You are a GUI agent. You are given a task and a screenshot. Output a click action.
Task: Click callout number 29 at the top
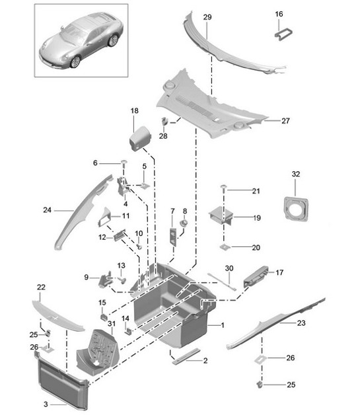pyautogui.click(x=207, y=16)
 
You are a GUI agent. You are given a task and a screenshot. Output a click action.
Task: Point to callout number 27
pyautogui.click(x=286, y=121)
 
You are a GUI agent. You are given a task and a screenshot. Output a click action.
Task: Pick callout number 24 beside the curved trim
pyautogui.click(x=47, y=211)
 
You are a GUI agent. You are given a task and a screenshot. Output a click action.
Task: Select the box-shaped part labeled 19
pyautogui.click(x=225, y=217)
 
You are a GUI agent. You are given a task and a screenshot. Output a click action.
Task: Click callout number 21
pyautogui.click(x=256, y=191)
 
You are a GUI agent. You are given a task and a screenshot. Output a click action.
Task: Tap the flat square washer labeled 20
pyautogui.click(x=225, y=248)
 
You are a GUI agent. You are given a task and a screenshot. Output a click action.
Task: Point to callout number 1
pyautogui.click(x=223, y=326)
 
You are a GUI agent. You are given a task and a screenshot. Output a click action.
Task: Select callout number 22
pyautogui.click(x=41, y=287)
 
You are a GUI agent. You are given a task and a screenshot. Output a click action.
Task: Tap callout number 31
pyautogui.click(x=111, y=322)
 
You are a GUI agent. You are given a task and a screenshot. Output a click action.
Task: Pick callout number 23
pyautogui.click(x=302, y=323)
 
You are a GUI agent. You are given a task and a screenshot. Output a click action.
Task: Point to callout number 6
pyautogui.click(x=95, y=163)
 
